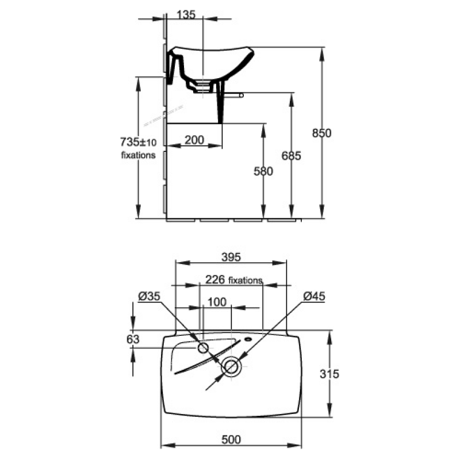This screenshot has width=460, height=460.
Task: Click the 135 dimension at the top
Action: click(186, 15)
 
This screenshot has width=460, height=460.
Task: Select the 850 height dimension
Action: click(321, 133)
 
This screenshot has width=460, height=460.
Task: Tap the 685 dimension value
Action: click(291, 156)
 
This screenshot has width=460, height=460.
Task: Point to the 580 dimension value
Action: click(263, 171)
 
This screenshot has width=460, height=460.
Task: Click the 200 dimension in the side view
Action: click(194, 140)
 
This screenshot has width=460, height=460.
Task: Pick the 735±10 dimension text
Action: click(138, 142)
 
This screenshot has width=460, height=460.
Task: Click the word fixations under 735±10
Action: click(138, 155)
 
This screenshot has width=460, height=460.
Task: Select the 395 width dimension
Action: click(231, 257)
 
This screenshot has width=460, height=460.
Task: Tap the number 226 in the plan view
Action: click(214, 279)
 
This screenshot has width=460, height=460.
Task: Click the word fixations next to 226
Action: click(246, 281)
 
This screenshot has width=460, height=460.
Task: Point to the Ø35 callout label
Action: click(149, 296)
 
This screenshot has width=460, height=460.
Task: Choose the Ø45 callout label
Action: click(314, 296)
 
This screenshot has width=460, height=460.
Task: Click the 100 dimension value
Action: click(217, 302)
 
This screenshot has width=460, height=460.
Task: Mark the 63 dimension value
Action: click(133, 339)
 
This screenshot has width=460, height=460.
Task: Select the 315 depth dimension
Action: click(329, 374)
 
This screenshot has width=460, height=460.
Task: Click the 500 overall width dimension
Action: click(231, 439)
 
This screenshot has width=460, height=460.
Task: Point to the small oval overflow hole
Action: click(248, 339)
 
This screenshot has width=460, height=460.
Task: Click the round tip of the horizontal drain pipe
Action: click(241, 95)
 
